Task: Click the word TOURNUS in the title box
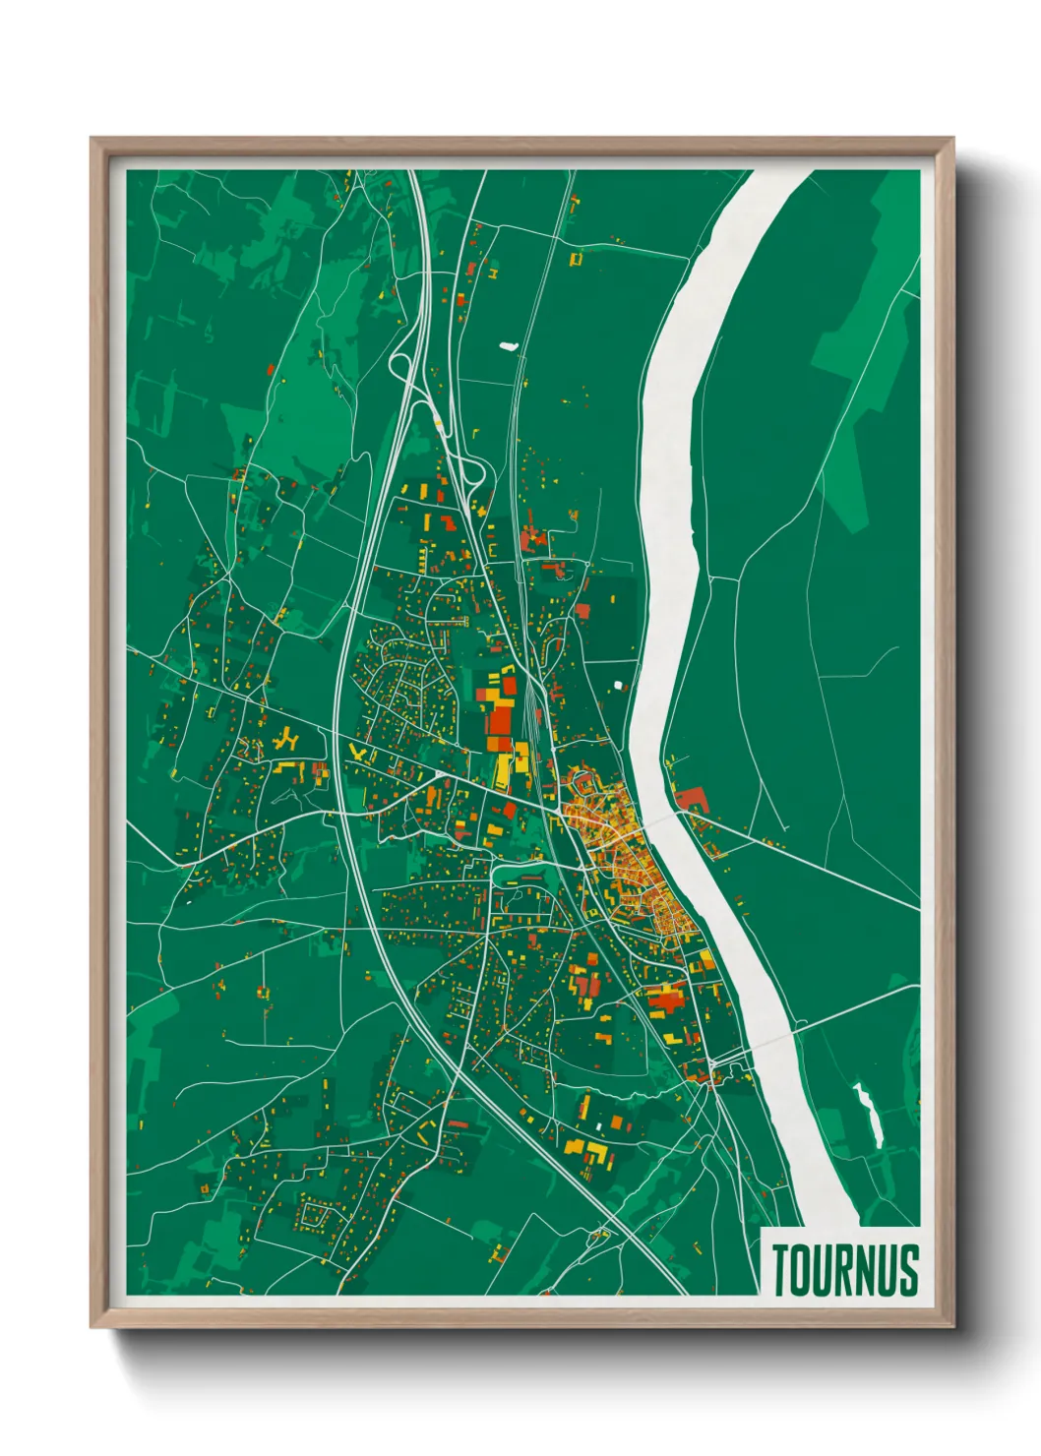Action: pyautogui.click(x=844, y=1269)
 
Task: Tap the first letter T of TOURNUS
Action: pyautogui.click(x=781, y=1269)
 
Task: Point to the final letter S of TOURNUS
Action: pyautogui.click(x=908, y=1269)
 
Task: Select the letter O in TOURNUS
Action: pyautogui.click(x=801, y=1269)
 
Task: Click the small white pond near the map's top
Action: pyautogui.click(x=508, y=345)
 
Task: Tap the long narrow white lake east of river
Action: pyautogui.click(x=867, y=1116)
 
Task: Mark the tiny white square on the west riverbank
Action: pyautogui.click(x=618, y=685)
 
